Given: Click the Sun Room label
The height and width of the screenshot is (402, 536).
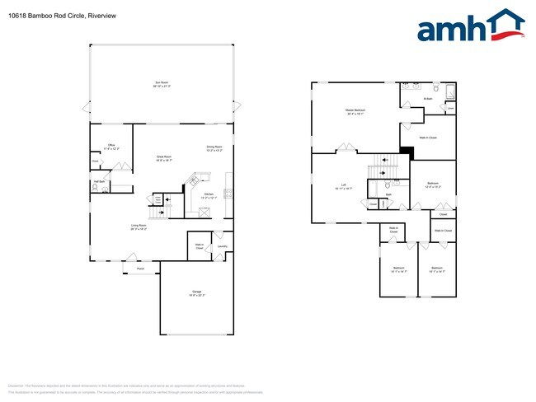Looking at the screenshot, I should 161,82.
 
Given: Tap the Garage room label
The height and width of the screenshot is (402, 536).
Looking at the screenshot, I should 197,292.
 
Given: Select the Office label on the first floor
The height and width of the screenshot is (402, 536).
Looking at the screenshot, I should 110,145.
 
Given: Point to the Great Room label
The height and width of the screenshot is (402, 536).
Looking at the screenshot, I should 164,156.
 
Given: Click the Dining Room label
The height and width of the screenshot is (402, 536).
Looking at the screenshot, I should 214,147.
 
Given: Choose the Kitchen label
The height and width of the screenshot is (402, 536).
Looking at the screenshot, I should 209,194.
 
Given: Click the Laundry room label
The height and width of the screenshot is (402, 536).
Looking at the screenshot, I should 223,245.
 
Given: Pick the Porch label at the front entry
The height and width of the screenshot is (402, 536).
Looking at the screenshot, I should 140,269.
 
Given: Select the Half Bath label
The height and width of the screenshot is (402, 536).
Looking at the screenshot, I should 98,181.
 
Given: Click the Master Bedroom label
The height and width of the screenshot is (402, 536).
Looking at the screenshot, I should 355,110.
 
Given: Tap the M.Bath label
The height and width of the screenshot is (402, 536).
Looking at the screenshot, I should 428,99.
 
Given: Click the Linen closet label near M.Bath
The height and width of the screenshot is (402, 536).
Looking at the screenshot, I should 449,108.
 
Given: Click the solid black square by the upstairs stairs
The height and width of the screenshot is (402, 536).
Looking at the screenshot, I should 406,151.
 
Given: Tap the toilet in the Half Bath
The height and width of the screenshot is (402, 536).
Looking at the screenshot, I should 96,189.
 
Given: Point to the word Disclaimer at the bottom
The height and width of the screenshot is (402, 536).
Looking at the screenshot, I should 16,385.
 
